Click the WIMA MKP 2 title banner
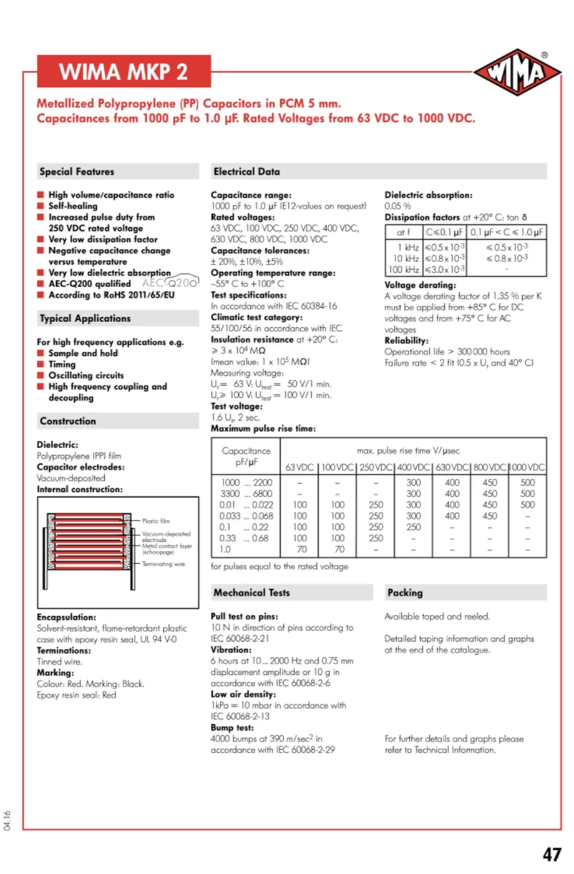pyautogui.click(x=124, y=72)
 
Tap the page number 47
pyautogui.click(x=552, y=854)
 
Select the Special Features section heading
pyautogui.click(x=77, y=172)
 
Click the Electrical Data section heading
pyautogui.click(x=246, y=172)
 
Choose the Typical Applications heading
pyautogui.click(x=85, y=318)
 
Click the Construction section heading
pyautogui.click(x=68, y=421)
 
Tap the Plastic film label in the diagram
pyautogui.click(x=155, y=521)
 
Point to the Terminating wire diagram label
pyautogui.click(x=163, y=564)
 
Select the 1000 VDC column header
pyautogui.click(x=528, y=467)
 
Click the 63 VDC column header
pyautogui.click(x=299, y=467)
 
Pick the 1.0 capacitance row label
pyautogui.click(x=225, y=549)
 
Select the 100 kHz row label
pyautogui.click(x=404, y=270)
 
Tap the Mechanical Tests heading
pyautogui.click(x=251, y=593)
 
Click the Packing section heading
pyautogui.click(x=405, y=593)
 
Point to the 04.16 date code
pyautogui.click(x=7, y=820)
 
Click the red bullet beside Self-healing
pyautogui.click(x=41, y=206)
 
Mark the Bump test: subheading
pyautogui.click(x=232, y=728)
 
